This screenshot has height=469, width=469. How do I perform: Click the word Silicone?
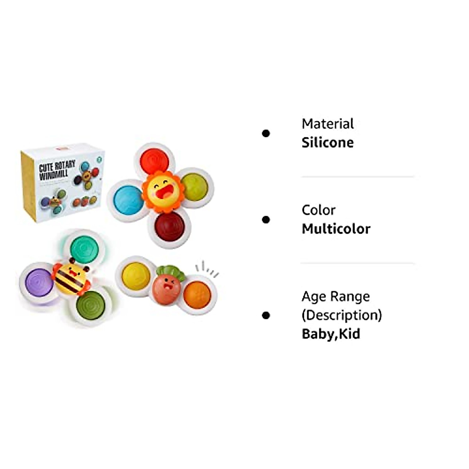(x=328, y=143)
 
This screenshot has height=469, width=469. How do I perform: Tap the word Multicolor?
(x=336, y=229)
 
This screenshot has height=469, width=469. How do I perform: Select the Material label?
(x=328, y=124)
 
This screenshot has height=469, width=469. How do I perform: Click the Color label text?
(x=318, y=210)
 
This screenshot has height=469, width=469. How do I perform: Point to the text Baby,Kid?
(x=331, y=334)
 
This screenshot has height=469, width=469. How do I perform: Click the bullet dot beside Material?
(x=266, y=134)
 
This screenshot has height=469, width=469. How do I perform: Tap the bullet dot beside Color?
(x=266, y=220)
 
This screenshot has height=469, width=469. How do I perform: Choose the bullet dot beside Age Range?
(x=266, y=315)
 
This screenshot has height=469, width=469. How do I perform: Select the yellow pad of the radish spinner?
(x=136, y=275)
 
